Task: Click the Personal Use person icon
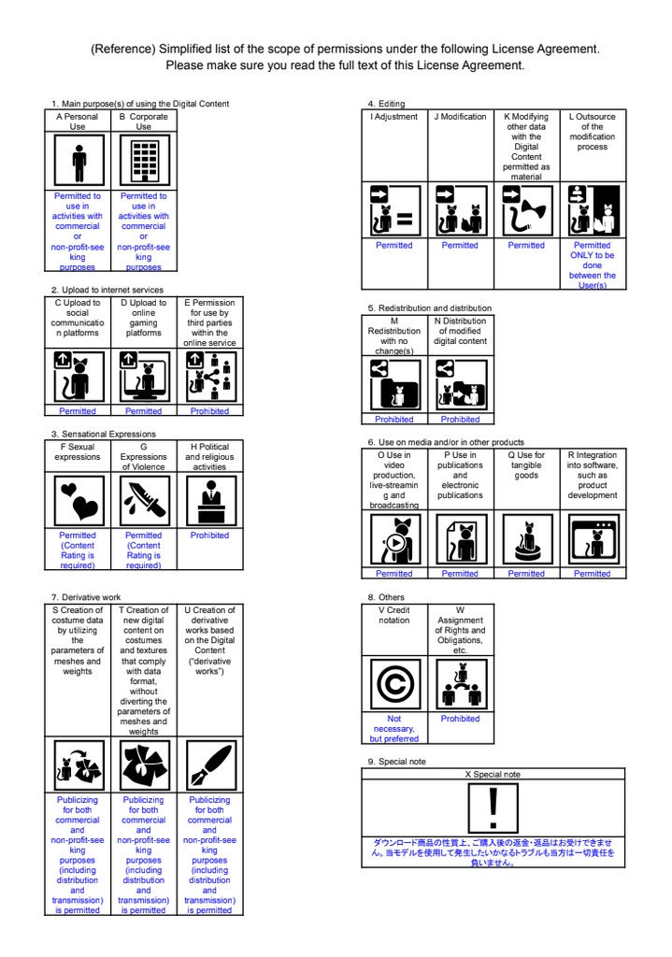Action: click(78, 163)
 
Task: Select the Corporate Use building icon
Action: click(143, 163)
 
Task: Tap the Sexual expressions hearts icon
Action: click(78, 501)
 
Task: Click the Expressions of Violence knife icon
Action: click(143, 501)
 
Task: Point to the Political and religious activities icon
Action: click(209, 501)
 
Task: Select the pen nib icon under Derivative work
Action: click(209, 764)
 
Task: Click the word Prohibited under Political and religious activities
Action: click(209, 536)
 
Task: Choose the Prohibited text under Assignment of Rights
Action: click(460, 719)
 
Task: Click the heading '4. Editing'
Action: click(386, 103)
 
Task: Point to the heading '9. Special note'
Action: click(396, 762)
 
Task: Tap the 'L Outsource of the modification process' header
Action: click(593, 132)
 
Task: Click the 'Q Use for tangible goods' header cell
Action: click(526, 465)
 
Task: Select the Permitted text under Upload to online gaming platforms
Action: click(143, 411)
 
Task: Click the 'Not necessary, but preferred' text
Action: click(393, 729)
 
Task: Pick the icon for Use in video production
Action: click(393, 539)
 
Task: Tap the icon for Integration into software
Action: click(593, 539)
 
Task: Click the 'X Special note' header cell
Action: click(493, 775)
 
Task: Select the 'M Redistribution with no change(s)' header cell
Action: click(393, 336)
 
